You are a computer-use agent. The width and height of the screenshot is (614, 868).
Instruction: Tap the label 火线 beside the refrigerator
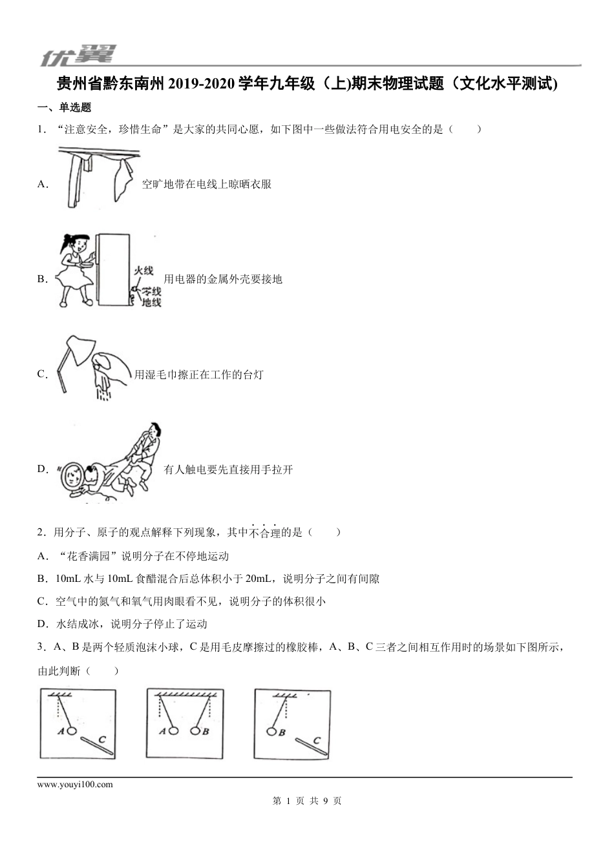pos(143,271)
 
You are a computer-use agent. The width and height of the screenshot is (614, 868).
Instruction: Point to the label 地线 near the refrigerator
pos(151,302)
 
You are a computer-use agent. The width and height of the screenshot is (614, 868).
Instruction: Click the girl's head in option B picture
pos(72,245)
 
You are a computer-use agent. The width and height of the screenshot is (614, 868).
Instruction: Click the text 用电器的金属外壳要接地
pos(223,279)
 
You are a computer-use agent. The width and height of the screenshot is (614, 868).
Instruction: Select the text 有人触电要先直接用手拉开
pos(228,470)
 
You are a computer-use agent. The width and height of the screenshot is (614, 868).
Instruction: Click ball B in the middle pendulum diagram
pos(196,730)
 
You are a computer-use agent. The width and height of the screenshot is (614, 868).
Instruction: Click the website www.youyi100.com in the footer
pos(76,785)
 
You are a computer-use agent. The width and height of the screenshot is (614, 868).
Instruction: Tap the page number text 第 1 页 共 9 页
pos(307,801)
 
